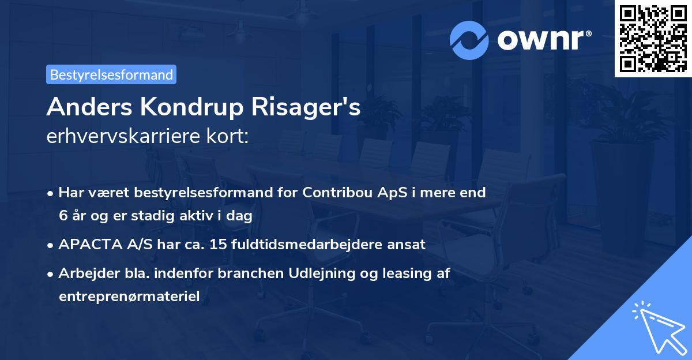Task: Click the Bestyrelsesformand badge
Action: click(x=111, y=74)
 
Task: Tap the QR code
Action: click(x=653, y=39)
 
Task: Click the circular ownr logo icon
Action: click(x=469, y=40)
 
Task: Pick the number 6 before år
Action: click(x=62, y=215)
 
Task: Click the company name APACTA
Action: click(x=86, y=244)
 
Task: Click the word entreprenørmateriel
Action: click(x=129, y=297)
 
